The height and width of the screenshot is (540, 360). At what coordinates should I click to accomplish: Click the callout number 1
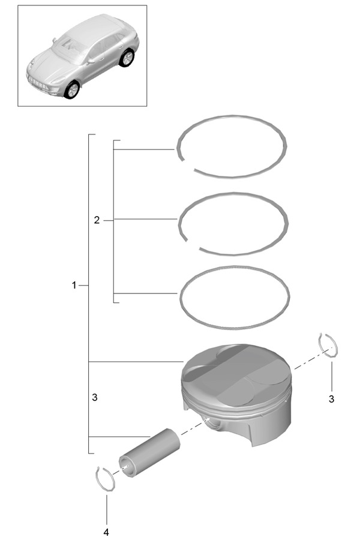click(x=74, y=285)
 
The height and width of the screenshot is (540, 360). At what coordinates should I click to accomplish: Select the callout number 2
click(x=97, y=220)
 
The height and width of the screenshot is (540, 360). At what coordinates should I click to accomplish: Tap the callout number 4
click(x=106, y=532)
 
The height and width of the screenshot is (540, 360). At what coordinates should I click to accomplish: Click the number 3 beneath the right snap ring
click(x=331, y=399)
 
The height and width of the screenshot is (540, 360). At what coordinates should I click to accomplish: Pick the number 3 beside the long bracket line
click(x=95, y=397)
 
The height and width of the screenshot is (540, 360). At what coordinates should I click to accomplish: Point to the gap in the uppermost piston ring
click(x=188, y=164)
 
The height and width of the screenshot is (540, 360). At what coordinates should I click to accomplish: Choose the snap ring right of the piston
click(x=328, y=346)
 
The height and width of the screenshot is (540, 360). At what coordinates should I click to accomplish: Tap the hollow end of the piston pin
click(x=127, y=467)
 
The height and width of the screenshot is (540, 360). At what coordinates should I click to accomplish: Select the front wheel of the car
click(x=72, y=90)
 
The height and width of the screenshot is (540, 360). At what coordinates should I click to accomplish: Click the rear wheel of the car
click(x=127, y=58)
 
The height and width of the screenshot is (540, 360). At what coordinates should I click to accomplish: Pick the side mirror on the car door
click(x=91, y=61)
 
